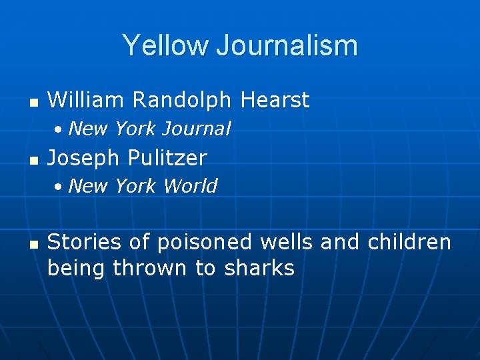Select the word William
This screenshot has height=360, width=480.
(86, 100)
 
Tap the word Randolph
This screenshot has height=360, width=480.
(183, 100)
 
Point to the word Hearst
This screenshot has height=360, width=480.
(275, 100)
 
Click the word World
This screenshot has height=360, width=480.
(190, 186)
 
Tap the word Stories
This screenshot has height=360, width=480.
(83, 241)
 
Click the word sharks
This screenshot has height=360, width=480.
(259, 268)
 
